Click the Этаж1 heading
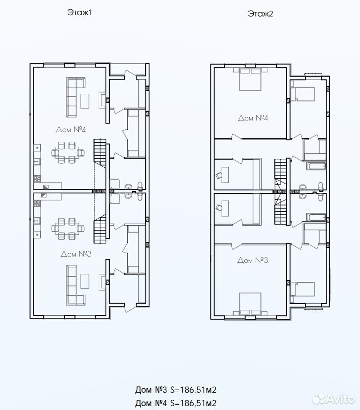coord(80,12)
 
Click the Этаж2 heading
coord(260,13)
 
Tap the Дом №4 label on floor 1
coord(71,129)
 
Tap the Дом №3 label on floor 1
coord(76,254)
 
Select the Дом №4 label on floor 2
coord(253,118)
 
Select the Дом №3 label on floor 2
coord(253,260)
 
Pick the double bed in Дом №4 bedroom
coord(251,79)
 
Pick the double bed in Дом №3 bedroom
coord(251,304)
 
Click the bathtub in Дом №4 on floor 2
coord(316,166)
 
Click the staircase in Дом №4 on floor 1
coord(100,153)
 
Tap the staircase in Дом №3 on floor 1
coord(100,229)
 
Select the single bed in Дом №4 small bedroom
coord(303,94)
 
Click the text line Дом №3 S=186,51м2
coord(176,390)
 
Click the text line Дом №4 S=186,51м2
coord(176,403)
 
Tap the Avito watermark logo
coord(334,399)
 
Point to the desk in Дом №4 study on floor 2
coord(225,175)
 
